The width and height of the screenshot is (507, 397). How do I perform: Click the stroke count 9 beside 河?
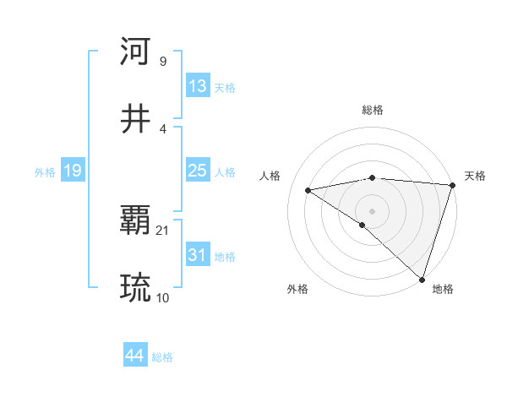click(163, 61)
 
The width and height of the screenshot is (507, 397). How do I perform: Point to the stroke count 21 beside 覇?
click(163, 231)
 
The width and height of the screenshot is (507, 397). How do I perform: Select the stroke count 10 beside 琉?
click(163, 297)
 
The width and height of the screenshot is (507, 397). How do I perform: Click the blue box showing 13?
click(198, 86)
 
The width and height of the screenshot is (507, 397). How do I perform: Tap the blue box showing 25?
click(198, 171)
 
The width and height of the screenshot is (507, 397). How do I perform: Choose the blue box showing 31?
click(198, 255)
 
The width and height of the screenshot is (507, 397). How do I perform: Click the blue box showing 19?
click(73, 171)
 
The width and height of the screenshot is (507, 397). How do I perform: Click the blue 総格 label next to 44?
click(162, 357)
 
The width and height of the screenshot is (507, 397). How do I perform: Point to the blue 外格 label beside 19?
click(45, 172)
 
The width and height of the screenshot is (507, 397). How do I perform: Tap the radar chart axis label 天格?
click(475, 176)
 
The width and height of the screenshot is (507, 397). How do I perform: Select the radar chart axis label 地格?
click(443, 289)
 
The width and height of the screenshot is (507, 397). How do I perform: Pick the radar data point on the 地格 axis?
click(422, 279)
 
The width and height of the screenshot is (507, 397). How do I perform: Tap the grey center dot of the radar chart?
click(372, 210)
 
